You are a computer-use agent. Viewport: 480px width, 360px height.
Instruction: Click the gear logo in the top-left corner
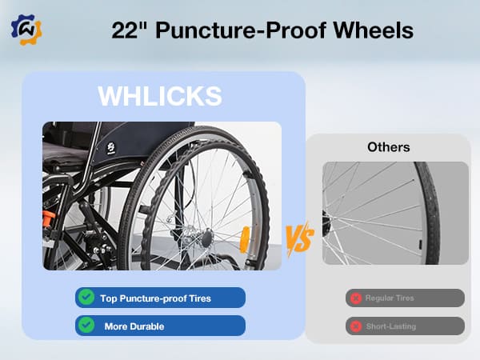26,29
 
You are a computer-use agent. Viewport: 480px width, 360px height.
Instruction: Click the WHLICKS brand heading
159,96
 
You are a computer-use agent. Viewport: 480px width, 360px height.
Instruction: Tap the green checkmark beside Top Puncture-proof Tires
86,298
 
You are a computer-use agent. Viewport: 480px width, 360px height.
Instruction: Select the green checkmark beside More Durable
86,326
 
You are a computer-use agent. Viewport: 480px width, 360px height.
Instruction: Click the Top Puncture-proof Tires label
157,298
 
